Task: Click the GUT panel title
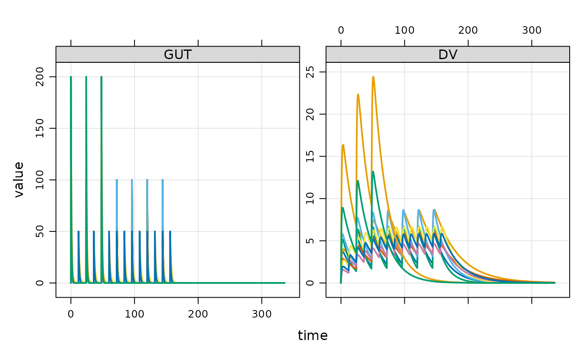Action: [177, 55]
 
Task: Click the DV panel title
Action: [447, 55]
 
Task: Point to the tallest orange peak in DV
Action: [373, 77]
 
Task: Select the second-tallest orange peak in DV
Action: [358, 94]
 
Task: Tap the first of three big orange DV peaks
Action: [343, 145]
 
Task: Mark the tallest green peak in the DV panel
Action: [373, 171]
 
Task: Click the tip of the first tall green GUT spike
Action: [71, 77]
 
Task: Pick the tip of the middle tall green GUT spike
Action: [86, 77]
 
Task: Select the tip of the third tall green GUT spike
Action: [101, 77]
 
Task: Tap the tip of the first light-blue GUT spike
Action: [117, 180]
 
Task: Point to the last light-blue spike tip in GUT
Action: [162, 180]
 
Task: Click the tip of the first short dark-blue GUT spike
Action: [78, 231]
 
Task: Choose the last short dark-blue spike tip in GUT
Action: [170, 231]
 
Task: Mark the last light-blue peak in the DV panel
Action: [434, 209]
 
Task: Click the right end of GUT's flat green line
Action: [285, 283]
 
